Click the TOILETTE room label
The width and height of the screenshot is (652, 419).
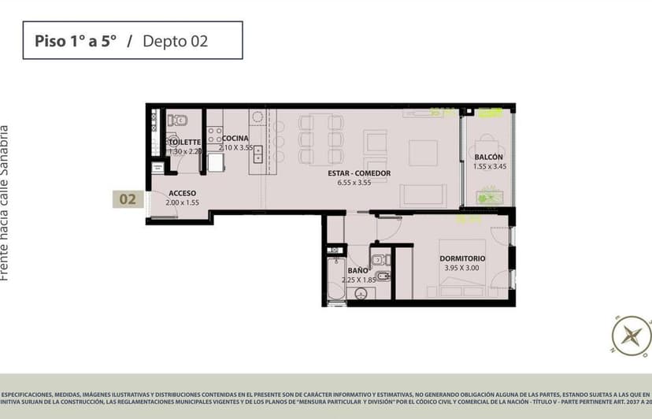[185, 143]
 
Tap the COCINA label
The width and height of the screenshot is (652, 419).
[235, 139]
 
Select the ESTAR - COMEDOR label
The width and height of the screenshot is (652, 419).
[359, 173]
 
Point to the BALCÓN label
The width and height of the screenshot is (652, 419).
[488, 157]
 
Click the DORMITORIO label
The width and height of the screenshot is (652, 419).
[462, 258]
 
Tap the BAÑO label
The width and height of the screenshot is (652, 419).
[357, 271]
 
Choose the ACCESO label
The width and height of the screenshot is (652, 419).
[182, 193]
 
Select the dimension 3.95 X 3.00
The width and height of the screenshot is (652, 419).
[462, 268]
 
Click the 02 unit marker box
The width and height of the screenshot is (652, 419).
[127, 200]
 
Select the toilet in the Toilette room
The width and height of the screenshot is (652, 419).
[179, 121]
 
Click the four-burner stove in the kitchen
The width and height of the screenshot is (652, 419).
[214, 132]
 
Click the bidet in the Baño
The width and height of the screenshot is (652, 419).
[383, 277]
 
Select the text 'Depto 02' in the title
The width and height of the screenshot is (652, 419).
[175, 41]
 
